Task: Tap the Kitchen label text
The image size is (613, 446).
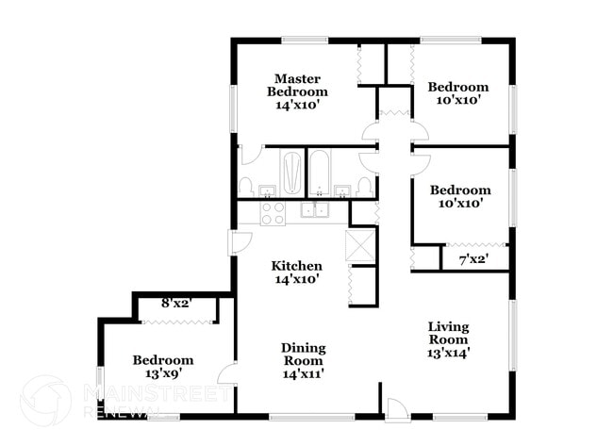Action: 297,266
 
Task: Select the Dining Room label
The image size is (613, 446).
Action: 303,354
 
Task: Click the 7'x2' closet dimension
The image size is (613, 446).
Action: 472,258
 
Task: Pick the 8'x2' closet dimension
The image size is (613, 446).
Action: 176,304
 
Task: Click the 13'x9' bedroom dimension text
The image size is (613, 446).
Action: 162,374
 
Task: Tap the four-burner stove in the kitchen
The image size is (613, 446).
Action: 273,213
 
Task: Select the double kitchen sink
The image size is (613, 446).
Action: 315,210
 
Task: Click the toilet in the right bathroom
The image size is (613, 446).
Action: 365,186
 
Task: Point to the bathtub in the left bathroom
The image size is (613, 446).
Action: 292,173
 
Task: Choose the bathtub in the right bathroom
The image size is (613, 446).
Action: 320,173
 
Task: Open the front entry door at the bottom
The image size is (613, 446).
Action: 396,407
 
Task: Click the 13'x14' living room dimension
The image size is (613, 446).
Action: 448,353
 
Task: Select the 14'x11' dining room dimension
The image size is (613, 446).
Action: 303,374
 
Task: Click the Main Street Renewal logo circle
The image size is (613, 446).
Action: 44,400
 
